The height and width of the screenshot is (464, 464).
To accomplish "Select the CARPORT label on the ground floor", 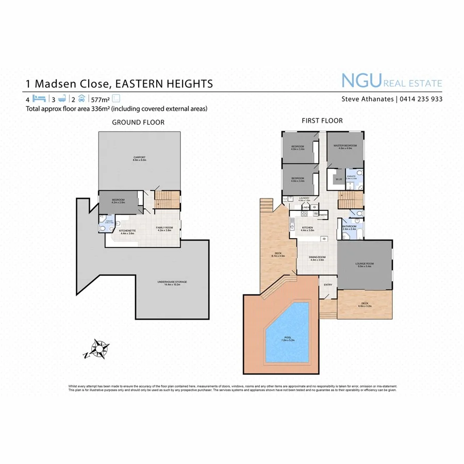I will [139, 157].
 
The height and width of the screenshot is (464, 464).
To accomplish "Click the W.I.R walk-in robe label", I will [338, 179].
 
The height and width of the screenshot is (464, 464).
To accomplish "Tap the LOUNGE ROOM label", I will [364, 264].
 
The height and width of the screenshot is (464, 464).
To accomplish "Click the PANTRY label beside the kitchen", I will [323, 214].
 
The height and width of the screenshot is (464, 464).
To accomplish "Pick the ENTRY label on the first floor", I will [328, 285].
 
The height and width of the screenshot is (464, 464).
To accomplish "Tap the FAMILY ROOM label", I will [165, 227].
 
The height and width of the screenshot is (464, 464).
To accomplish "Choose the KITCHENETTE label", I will [127, 231].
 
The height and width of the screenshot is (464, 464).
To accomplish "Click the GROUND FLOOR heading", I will [139, 122].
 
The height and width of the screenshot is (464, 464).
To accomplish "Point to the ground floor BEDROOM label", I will [119, 201].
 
